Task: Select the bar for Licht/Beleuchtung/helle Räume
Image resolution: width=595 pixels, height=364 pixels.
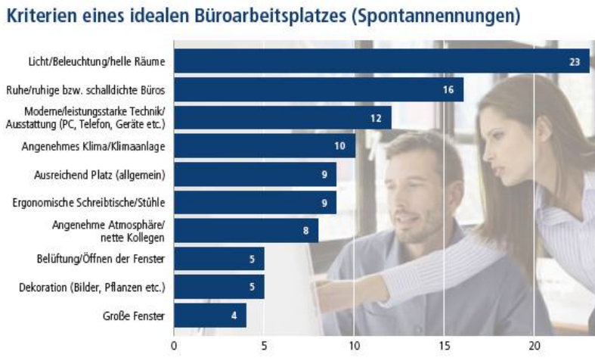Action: click(381, 61)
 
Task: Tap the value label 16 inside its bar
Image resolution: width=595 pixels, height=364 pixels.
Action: click(448, 90)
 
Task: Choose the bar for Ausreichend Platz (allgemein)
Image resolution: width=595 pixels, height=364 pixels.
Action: click(254, 174)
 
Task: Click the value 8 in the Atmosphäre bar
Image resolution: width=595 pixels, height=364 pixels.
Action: click(305, 230)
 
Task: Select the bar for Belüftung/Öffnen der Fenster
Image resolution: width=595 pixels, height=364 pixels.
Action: click(218, 260)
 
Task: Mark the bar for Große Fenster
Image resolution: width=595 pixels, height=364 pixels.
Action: click(209, 316)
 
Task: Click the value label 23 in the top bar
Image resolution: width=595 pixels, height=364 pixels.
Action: click(574, 61)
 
